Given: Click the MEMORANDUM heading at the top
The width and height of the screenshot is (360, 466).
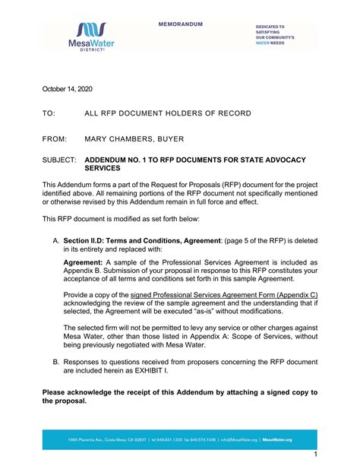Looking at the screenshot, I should tap(181, 25).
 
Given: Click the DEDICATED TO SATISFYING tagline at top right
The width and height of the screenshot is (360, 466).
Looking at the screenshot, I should tap(286, 34).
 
